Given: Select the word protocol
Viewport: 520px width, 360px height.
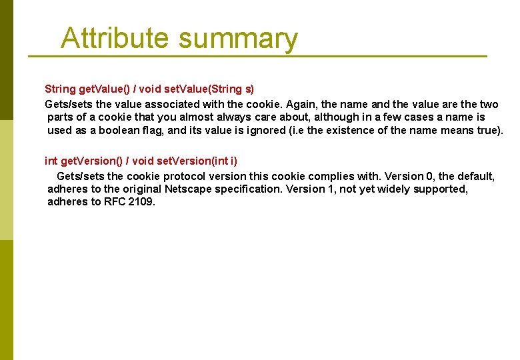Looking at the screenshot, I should point(180,176).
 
